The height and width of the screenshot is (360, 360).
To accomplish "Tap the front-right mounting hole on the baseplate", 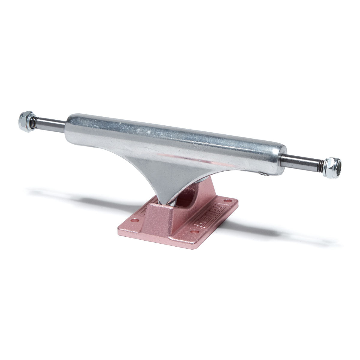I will click(196, 232).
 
